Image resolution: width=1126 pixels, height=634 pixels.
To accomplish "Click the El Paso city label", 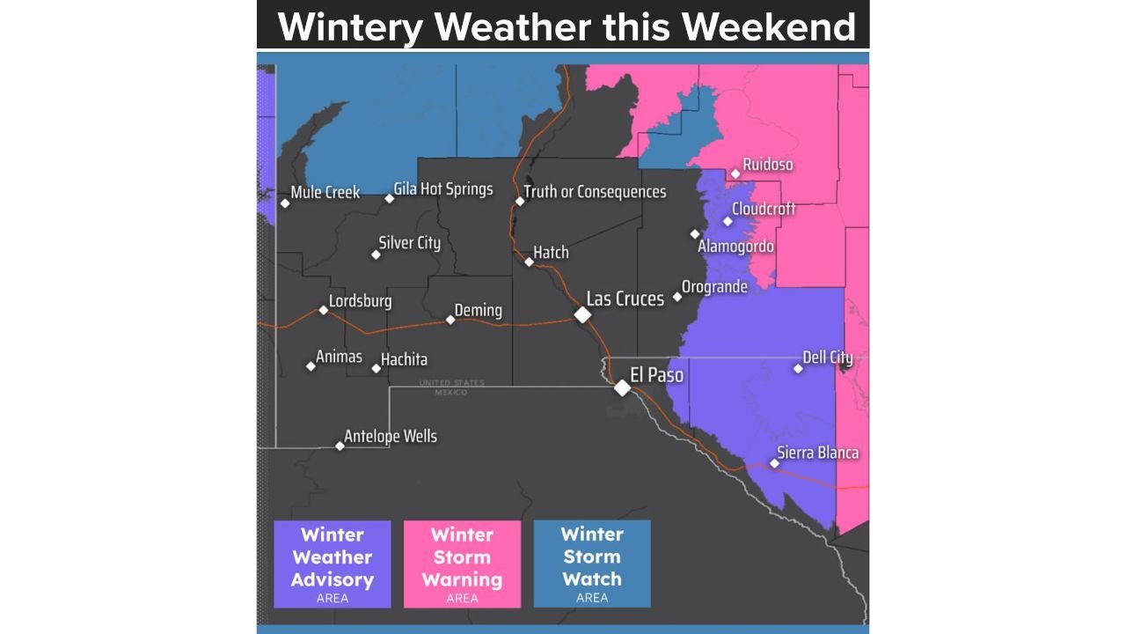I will pyautogui.click(x=656, y=375).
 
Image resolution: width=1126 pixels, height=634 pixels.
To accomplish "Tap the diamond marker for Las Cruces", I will pyautogui.click(x=582, y=314).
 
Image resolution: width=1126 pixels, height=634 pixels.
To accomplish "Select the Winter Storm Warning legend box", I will pyautogui.click(x=462, y=564).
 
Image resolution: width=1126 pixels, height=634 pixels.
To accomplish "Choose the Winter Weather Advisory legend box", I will pyautogui.click(x=333, y=564).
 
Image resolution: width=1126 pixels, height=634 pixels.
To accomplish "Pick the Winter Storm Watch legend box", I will pyautogui.click(x=592, y=564).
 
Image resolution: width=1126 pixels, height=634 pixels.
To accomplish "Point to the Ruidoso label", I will pyautogui.click(x=767, y=165).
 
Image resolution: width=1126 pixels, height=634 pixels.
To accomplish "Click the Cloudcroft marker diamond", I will pyautogui.click(x=728, y=221).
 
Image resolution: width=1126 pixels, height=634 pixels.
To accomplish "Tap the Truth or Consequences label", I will pyautogui.click(x=595, y=192).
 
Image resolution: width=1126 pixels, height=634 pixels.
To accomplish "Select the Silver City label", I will pyautogui.click(x=409, y=243).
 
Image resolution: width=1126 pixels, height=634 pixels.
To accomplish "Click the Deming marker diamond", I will pyautogui.click(x=450, y=320).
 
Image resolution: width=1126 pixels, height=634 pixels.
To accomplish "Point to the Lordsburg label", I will pyautogui.click(x=360, y=301).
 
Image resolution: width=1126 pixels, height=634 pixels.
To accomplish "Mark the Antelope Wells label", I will pyautogui.click(x=390, y=436).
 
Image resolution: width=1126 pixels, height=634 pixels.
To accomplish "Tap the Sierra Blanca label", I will pyautogui.click(x=817, y=453).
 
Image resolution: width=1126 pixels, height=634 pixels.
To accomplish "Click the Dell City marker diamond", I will pyautogui.click(x=798, y=368).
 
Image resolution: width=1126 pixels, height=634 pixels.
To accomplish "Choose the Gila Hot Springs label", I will pyautogui.click(x=442, y=189).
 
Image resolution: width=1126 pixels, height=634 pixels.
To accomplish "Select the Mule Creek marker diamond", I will pyautogui.click(x=285, y=203).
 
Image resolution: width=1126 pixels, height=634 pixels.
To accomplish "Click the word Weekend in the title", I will pyautogui.click(x=769, y=27).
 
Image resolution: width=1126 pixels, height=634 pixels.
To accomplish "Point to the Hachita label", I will pyautogui.click(x=404, y=359).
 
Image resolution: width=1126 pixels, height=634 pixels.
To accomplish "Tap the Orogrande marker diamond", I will pyautogui.click(x=677, y=297).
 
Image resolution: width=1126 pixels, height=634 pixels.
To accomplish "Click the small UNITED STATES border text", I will pyautogui.click(x=451, y=383).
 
